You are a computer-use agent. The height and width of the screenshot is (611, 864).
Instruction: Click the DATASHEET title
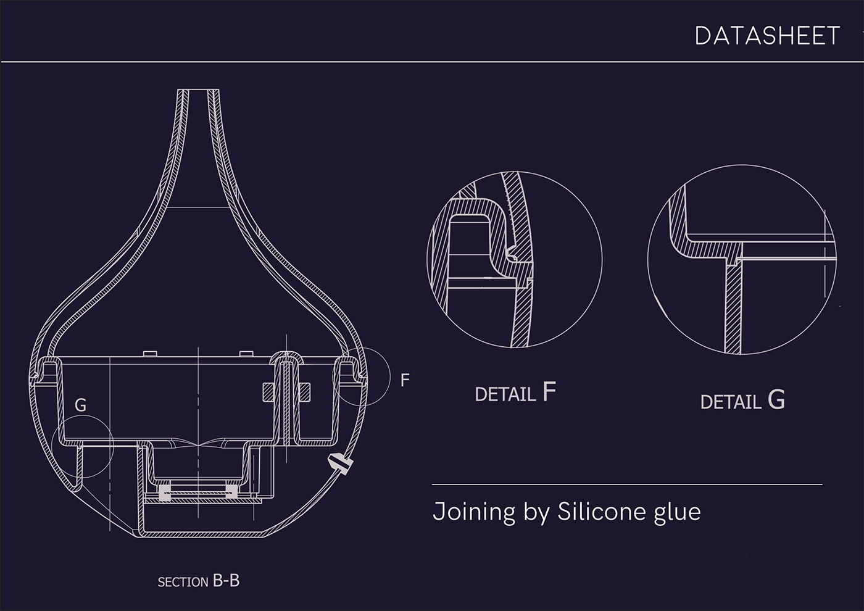(767, 36)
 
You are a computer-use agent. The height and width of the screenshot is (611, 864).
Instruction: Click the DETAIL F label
(515, 393)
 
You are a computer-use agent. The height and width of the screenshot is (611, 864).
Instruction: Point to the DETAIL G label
(742, 400)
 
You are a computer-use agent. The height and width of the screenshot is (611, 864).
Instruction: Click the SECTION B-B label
(199, 581)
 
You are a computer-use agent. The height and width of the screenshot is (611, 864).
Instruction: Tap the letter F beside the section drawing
(405, 380)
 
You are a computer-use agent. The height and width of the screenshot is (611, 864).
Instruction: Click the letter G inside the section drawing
(80, 405)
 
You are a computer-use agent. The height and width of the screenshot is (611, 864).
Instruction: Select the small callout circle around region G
(52, 447)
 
